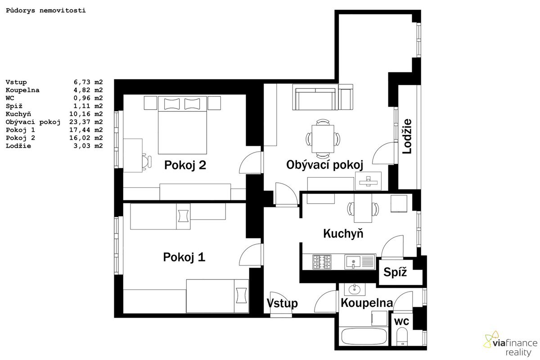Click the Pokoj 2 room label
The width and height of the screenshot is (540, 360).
185,166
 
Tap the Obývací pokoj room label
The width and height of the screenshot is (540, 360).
325,165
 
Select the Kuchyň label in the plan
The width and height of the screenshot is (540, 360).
343,234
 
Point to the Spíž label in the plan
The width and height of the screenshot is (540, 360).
395,272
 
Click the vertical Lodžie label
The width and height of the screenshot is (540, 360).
407,136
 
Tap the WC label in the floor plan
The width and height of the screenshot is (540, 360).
401,322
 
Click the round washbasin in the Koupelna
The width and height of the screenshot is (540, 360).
355,289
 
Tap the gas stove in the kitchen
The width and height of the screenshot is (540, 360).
322,262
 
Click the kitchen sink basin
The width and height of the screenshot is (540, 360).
353,262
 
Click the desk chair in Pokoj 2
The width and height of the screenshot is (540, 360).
147,162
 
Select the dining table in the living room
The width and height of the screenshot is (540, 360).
323,139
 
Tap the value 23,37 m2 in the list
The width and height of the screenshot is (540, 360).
86,122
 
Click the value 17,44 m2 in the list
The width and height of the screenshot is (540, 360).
86,130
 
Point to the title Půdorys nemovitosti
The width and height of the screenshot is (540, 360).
46,11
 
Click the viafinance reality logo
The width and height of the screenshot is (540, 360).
510,344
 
